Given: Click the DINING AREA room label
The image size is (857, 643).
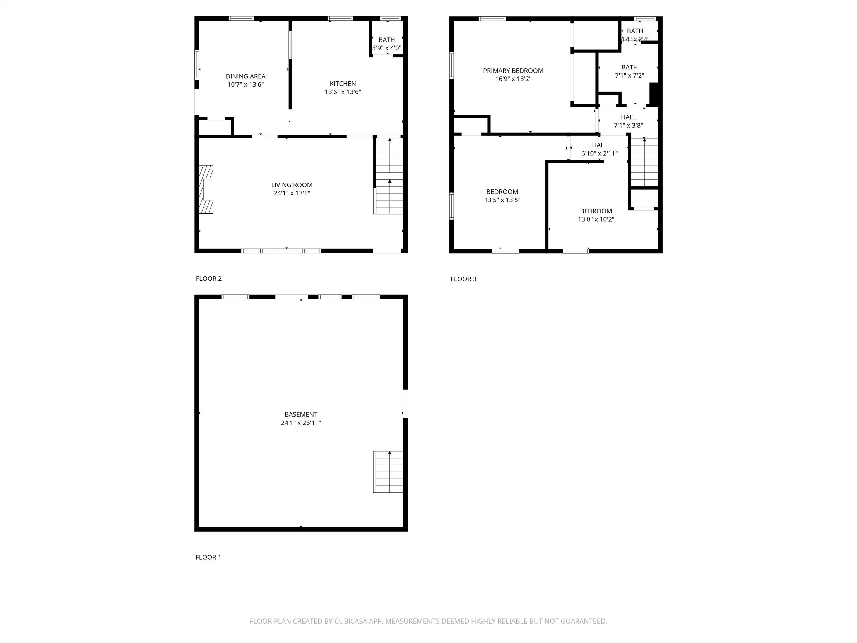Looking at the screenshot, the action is click(x=245, y=76).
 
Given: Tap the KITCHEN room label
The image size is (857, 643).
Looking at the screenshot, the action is click(x=343, y=84).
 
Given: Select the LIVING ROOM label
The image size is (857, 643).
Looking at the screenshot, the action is click(x=292, y=185).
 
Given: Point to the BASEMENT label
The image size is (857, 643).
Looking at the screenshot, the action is click(x=301, y=414).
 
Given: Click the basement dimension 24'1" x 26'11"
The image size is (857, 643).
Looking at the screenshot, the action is click(x=301, y=423).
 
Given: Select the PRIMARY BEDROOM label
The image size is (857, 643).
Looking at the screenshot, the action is click(x=513, y=71).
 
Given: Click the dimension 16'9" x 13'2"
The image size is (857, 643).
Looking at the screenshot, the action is click(x=513, y=79).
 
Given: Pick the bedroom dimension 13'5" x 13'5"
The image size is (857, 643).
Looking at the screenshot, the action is click(x=502, y=200).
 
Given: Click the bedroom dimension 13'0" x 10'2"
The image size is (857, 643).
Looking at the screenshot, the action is click(x=596, y=219).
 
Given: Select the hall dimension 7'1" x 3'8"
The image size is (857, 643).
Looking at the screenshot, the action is click(x=629, y=126).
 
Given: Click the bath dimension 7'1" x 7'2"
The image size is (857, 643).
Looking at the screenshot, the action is click(x=630, y=76).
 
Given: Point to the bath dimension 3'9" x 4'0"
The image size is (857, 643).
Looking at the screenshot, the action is click(x=387, y=48).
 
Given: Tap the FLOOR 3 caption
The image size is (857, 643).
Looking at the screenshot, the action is click(x=463, y=279).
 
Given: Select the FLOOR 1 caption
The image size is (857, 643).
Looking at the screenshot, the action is click(x=208, y=557).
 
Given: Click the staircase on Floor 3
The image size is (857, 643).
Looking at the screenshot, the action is click(x=645, y=162).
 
